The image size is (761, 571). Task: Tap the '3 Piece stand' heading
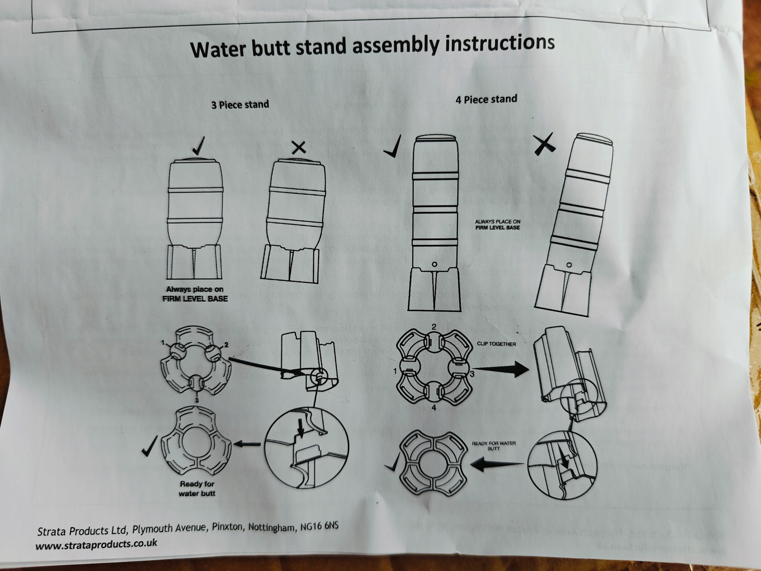[240, 104]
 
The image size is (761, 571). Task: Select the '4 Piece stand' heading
[486, 99]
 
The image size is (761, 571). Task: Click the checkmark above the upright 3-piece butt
[199, 146]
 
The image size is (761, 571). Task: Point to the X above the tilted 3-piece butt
[299, 148]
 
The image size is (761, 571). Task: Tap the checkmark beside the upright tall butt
[393, 147]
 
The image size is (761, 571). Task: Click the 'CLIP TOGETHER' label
[496, 344]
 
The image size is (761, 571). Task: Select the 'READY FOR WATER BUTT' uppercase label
[494, 446]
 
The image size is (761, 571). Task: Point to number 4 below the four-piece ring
[434, 407]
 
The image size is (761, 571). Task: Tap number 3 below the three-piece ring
[197, 400]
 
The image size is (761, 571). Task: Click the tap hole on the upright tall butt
[435, 264]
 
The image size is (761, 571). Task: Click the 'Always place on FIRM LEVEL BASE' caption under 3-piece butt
[195, 294]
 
